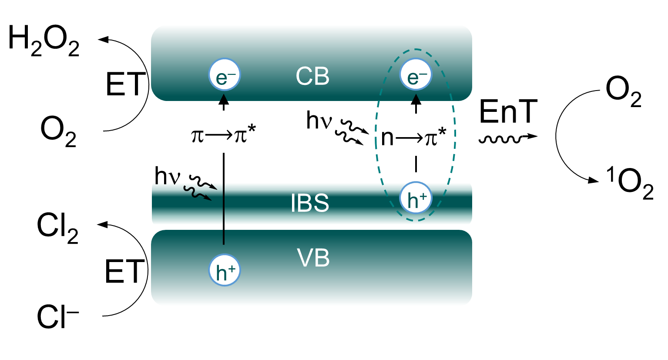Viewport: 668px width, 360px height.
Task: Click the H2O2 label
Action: (x=44, y=42)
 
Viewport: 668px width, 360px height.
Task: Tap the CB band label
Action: (x=312, y=77)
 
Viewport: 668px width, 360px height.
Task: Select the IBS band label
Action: (x=310, y=203)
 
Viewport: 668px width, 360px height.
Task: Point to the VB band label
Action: (x=313, y=258)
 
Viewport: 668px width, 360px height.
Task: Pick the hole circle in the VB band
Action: (x=225, y=270)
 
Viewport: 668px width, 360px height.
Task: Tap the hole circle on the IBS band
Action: (x=416, y=198)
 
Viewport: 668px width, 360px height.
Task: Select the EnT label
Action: (x=508, y=112)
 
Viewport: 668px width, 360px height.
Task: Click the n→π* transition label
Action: (x=413, y=137)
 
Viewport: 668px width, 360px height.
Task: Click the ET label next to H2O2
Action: (x=125, y=84)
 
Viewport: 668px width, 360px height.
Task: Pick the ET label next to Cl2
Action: (x=124, y=271)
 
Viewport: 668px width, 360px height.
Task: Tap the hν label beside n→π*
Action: (x=319, y=120)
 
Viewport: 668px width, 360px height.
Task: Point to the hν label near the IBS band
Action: (x=167, y=176)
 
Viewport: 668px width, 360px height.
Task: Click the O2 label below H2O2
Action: (x=58, y=132)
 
